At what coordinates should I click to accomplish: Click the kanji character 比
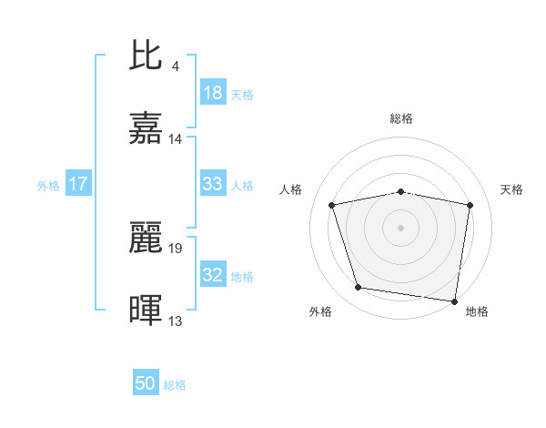coord(147,56)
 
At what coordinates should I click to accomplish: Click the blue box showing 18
coord(213,93)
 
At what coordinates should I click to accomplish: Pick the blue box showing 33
coord(213,184)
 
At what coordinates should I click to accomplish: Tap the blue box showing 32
coord(213,275)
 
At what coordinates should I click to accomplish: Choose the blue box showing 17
coord(78,184)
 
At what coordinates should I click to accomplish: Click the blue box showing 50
coord(146,384)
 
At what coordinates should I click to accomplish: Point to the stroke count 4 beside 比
coord(175,66)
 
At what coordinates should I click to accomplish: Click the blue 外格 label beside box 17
coord(48,185)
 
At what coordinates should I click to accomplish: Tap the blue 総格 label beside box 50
coord(175,385)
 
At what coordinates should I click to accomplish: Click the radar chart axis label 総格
coord(401,118)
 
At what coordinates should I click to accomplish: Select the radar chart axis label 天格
coord(512,189)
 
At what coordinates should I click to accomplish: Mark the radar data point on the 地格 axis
coord(454,301)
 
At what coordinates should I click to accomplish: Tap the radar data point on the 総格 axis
coord(401,191)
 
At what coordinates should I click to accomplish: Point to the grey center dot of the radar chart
coord(401,227)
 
